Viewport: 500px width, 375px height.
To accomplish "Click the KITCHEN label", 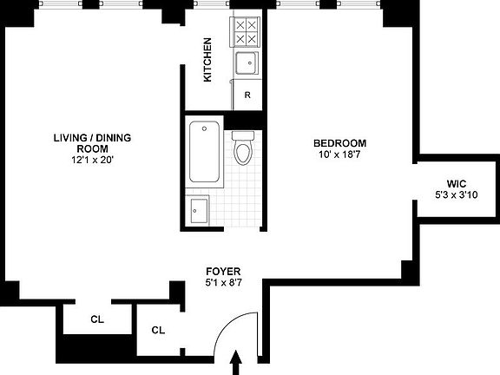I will click(x=207, y=60).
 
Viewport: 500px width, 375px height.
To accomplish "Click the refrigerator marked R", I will click(x=247, y=95).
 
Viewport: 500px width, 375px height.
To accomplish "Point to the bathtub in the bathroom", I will click(x=204, y=152).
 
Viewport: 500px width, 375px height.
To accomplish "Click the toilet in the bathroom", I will click(x=244, y=149).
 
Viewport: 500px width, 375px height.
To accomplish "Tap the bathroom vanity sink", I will click(x=199, y=209).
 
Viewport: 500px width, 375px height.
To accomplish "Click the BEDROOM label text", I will click(x=339, y=143).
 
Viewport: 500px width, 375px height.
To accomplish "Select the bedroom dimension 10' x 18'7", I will click(x=339, y=155).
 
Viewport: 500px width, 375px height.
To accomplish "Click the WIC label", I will click(x=457, y=183).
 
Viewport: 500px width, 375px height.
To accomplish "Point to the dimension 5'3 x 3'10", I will click(x=457, y=195).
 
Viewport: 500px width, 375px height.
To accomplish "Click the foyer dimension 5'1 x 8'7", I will click(x=222, y=283).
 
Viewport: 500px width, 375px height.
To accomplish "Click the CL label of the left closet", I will click(x=97, y=319).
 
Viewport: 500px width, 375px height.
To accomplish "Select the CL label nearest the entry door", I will click(x=158, y=330).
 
